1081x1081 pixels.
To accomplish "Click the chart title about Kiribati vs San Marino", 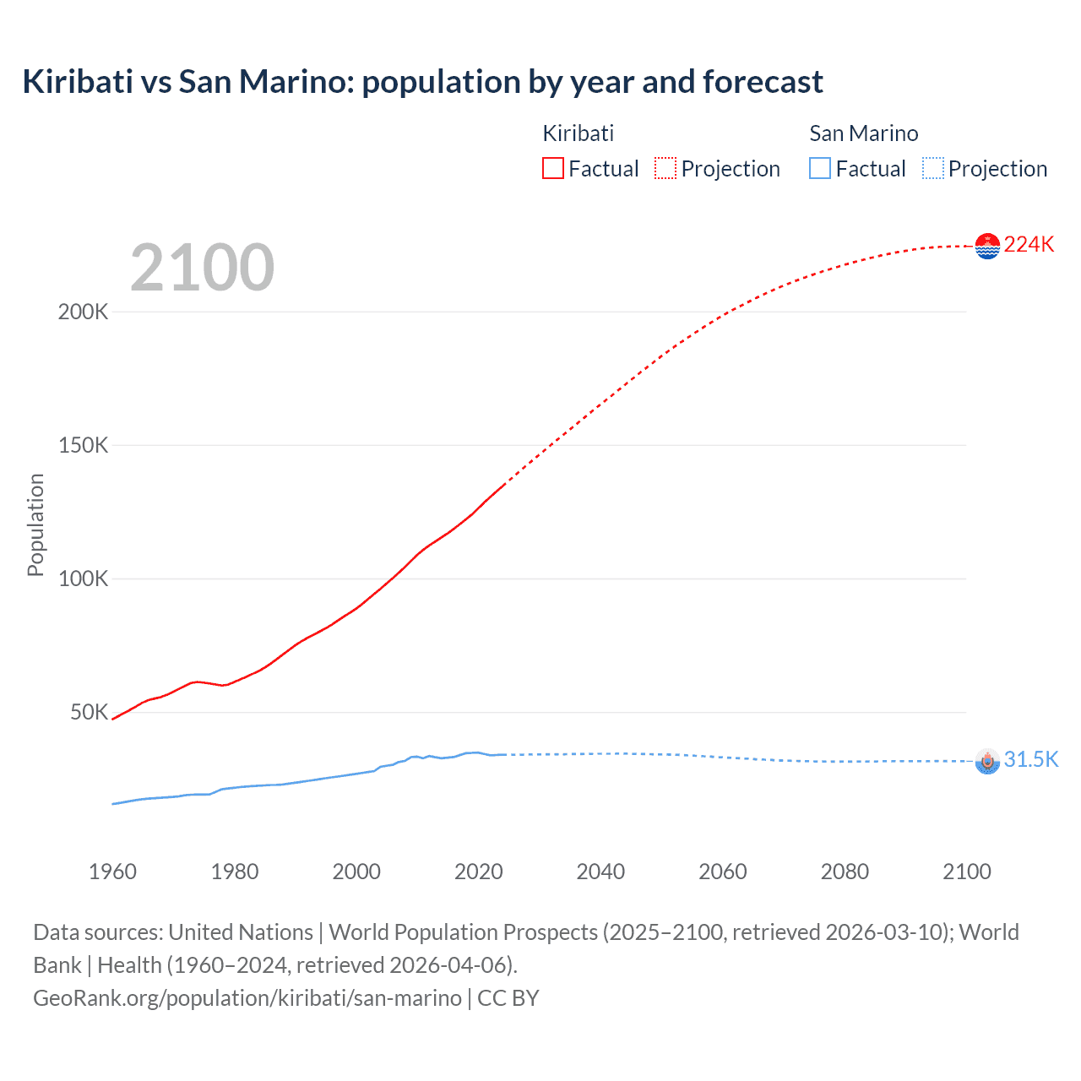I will [x=422, y=82].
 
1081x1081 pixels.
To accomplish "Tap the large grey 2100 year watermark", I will [x=202, y=268].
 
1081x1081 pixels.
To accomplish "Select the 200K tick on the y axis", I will [x=83, y=312].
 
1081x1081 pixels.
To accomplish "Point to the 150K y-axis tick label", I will [x=83, y=445].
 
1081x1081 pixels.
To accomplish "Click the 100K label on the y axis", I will [x=83, y=579].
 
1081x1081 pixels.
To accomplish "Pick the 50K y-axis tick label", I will [x=89, y=712].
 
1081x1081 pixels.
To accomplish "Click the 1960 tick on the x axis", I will [x=112, y=872].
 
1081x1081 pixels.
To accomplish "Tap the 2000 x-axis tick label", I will [x=356, y=872].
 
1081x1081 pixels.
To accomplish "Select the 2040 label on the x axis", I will [x=600, y=872].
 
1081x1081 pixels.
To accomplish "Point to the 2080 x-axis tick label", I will [x=845, y=872].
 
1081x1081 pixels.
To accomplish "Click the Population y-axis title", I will [x=35, y=524].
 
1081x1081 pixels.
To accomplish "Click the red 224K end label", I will [x=1029, y=244].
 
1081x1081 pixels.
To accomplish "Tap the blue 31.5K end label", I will [x=1030, y=759].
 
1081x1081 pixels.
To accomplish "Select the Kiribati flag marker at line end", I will [x=987, y=246].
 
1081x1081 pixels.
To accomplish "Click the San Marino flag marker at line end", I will [x=987, y=761].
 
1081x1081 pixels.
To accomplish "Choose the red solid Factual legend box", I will [x=552, y=169].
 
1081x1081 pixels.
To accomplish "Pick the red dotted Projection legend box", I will [x=665, y=169].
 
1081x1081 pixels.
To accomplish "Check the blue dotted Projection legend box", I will [x=933, y=169].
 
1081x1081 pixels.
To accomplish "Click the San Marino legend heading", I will [x=863, y=133].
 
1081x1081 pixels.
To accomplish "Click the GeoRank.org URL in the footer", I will [x=247, y=997].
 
